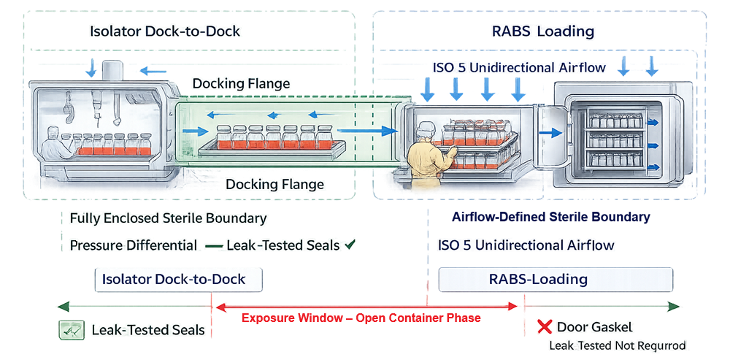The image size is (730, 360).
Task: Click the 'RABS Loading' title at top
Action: [x=543, y=31]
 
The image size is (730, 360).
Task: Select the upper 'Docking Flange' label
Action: [x=241, y=84]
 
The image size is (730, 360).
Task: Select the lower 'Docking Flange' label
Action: [x=274, y=185]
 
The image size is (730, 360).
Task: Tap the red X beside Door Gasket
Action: [x=544, y=327]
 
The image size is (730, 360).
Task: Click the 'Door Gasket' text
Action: [x=595, y=327]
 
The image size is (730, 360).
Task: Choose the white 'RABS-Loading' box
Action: [x=555, y=279]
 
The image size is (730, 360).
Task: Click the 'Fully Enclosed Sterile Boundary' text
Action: [x=168, y=218]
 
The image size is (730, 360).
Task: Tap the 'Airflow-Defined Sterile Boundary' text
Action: [x=550, y=218]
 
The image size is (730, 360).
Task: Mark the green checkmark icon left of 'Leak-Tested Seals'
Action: [x=70, y=330]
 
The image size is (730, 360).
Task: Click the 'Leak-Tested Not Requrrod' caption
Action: [x=617, y=345]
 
